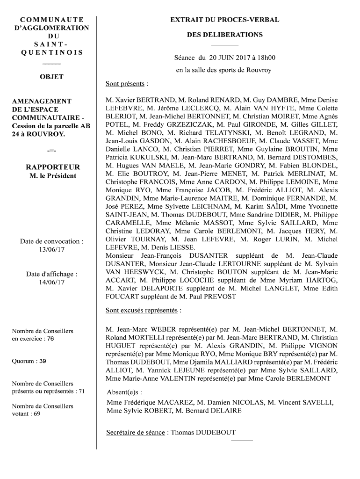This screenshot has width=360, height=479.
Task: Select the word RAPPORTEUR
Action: [x=52, y=167]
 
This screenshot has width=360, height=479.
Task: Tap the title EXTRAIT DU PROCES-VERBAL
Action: [x=224, y=20]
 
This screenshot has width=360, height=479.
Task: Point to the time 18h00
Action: [x=265, y=58]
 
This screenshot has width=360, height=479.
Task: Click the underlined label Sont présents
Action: [x=125, y=84]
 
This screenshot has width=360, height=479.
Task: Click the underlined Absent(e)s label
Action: [x=123, y=392]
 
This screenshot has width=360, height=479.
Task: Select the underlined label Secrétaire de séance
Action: [x=136, y=433]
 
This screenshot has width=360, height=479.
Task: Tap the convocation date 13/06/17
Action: [x=52, y=250]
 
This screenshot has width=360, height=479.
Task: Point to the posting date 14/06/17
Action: [x=52, y=283]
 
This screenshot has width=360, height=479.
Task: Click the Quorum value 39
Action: [x=42, y=362]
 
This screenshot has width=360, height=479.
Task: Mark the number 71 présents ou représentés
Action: [x=81, y=391]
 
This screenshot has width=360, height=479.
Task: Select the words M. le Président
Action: [x=52, y=176]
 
